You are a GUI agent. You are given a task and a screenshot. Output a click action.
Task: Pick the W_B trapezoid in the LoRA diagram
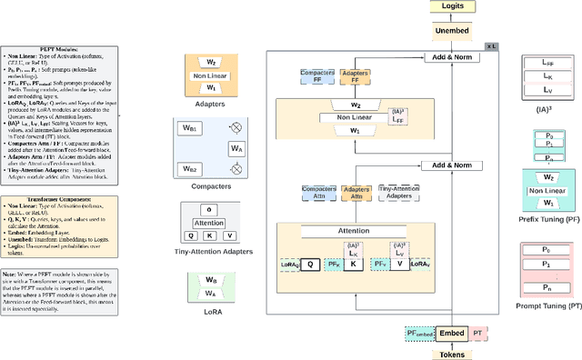[x=212, y=306]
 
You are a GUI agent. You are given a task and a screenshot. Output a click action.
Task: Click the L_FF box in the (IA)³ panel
[x=547, y=64]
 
